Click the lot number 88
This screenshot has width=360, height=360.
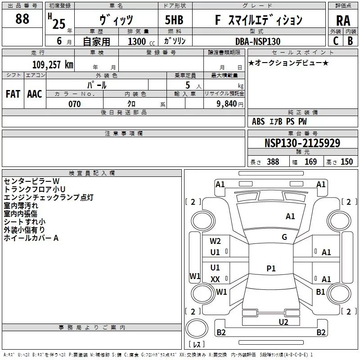pos(22,18)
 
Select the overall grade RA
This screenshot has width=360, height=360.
pos(343,21)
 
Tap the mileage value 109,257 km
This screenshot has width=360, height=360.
pos(53,65)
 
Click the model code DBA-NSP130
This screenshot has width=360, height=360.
pos(258,41)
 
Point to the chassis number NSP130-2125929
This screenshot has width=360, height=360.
pos(302,143)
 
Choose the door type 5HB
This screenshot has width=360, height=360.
pos(174,20)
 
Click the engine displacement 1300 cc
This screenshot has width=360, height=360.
pos(141,41)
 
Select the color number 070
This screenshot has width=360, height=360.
pos(75,104)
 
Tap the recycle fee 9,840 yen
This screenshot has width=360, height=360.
pos(230,104)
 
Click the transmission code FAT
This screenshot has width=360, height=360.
pos(13,94)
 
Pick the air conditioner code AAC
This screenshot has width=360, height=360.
pos(35,94)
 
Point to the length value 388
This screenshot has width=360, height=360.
pos(273,162)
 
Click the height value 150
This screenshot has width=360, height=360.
pos(346,162)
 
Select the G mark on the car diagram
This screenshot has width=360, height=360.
pos(284,237)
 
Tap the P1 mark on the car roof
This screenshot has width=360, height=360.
pos(271,268)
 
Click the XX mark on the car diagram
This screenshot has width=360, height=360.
pos(215,279)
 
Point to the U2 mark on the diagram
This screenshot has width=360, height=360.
pos(283,322)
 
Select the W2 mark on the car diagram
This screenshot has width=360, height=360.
pos(215,241)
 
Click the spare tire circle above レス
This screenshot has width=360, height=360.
pos(197,328)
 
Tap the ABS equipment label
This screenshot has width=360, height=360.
pos(258,121)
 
